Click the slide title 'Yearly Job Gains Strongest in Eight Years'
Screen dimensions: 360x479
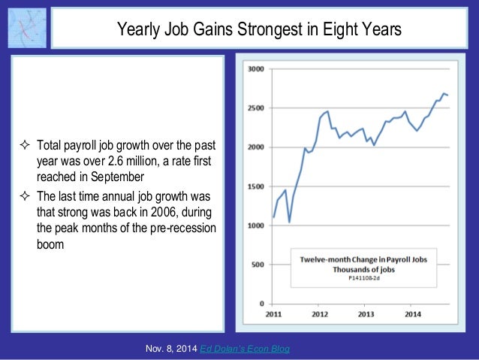pyautogui.click(x=259, y=29)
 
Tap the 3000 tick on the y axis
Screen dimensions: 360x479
pyautogui.click(x=255, y=69)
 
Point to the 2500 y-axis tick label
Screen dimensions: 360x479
pyautogui.click(x=255, y=108)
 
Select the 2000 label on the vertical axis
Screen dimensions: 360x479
pyautogui.click(x=255, y=147)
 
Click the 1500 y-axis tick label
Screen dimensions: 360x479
pyautogui.click(x=255, y=186)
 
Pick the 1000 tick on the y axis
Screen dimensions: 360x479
pyautogui.click(x=255, y=225)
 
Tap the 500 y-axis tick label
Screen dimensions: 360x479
pyautogui.click(x=258, y=265)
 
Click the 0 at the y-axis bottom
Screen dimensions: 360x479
pyautogui.click(x=261, y=304)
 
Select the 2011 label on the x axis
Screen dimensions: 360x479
pyautogui.click(x=273, y=314)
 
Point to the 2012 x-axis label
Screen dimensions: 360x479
pyautogui.click(x=320, y=314)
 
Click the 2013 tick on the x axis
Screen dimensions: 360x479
pyautogui.click(x=366, y=314)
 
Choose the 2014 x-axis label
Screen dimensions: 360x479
pyautogui.click(x=412, y=314)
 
